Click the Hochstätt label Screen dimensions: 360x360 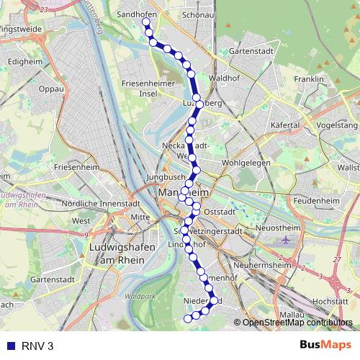[x=331, y=301]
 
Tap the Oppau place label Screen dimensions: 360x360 [x=52, y=89]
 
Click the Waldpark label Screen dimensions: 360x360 [x=139, y=296]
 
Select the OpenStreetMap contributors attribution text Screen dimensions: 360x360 [x=297, y=323]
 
